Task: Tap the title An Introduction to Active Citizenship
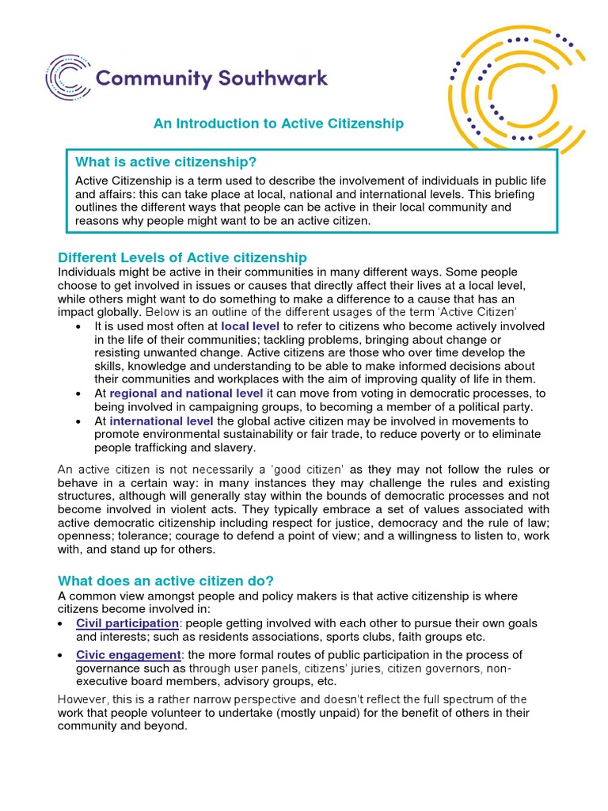[x=278, y=124]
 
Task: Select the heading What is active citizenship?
[x=165, y=162]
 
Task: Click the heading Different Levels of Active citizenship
[x=182, y=258]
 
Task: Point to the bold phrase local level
[x=250, y=326]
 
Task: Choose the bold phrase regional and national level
[x=187, y=393]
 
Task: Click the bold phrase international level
[x=161, y=421]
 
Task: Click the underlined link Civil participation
[x=127, y=623]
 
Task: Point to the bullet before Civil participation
[x=62, y=624]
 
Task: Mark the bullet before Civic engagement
[x=62, y=656]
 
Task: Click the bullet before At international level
[x=79, y=421]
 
